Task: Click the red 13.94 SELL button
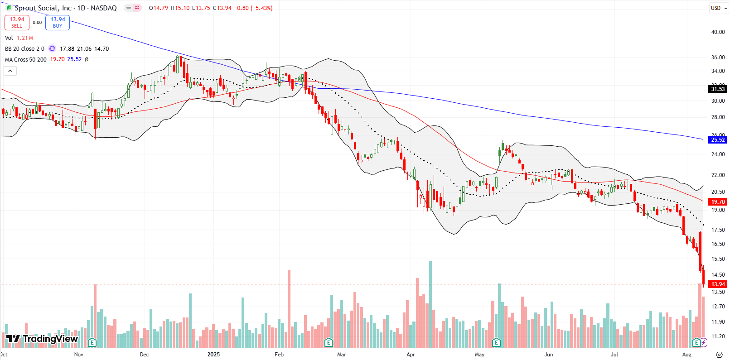tap(17, 22)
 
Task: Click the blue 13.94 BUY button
tap(58, 22)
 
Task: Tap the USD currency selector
tap(715, 8)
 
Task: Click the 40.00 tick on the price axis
tap(718, 32)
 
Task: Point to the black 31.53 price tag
tap(718, 89)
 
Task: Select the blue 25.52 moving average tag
tap(718, 140)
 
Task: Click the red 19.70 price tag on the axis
tap(718, 202)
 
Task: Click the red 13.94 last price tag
tap(718, 284)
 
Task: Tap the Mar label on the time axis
tap(341, 355)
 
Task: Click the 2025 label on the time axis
tap(213, 355)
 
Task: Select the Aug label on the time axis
tap(686, 355)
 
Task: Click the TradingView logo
tap(42, 339)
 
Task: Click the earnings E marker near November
tap(92, 342)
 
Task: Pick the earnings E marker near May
tap(496, 342)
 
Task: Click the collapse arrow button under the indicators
tap(10, 71)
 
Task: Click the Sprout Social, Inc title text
tap(43, 8)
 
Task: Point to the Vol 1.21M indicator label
tap(19, 38)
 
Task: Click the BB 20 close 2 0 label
tap(25, 49)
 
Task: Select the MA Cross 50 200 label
tap(26, 60)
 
